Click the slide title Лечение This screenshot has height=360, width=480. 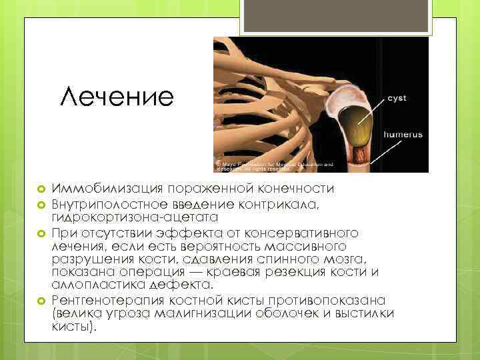click(x=116, y=98)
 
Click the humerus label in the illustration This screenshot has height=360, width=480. click(x=403, y=134)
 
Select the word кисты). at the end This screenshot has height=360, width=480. click(x=74, y=327)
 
